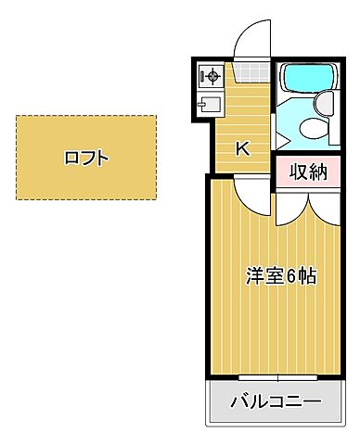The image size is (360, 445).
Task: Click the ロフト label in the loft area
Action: tap(86, 158)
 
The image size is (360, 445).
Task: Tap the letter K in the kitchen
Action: tap(241, 148)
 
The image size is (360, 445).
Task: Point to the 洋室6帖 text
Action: tap(280, 275)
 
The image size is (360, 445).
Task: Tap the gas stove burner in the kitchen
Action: tap(210, 76)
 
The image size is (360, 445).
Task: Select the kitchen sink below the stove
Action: tap(209, 102)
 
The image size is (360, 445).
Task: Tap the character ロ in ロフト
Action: tap(71, 158)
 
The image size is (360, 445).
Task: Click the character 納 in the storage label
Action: tap(318, 172)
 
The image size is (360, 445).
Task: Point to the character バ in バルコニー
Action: tap(238, 402)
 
